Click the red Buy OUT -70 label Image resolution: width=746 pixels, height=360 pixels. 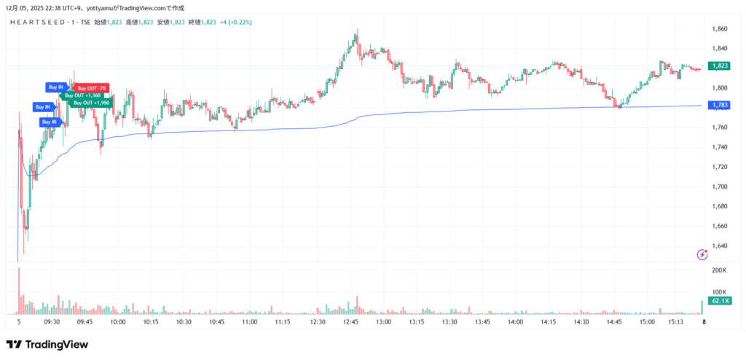click(x=91, y=88)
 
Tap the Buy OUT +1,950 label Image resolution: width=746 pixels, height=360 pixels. click(x=91, y=103)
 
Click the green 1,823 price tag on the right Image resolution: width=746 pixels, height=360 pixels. click(x=720, y=66)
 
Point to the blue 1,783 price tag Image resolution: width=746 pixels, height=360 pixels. click(x=720, y=106)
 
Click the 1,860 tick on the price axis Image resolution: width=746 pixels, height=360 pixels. click(x=719, y=29)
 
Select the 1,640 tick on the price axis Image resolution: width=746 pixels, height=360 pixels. click(x=719, y=246)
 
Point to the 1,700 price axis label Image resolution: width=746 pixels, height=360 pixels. click(x=719, y=187)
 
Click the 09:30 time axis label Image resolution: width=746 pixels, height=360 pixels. click(x=52, y=321)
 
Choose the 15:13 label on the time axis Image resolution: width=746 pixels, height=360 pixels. click(x=677, y=321)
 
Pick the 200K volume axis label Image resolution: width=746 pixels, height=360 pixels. click(x=719, y=270)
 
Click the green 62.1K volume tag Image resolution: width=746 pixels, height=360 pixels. click(x=720, y=301)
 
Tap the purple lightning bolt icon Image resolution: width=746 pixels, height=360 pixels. click(x=702, y=254)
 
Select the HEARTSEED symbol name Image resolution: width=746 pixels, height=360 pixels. click(x=40, y=23)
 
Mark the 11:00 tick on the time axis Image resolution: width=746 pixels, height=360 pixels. click(x=250, y=321)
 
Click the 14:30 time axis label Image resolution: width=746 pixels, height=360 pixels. click(x=581, y=321)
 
